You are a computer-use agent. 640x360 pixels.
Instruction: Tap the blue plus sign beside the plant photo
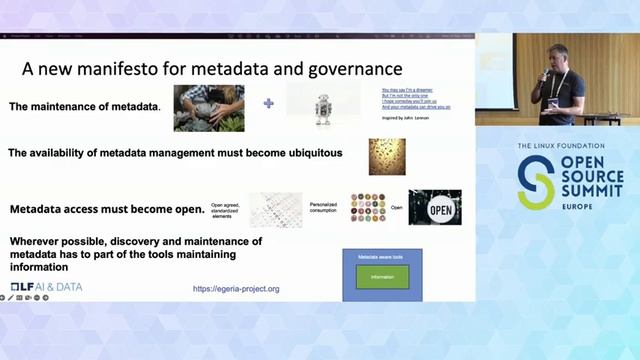point(268,103)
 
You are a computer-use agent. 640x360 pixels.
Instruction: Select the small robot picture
point(323,106)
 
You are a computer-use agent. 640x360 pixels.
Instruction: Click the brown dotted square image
point(386,156)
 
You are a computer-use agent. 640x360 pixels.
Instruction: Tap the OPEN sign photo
point(435,208)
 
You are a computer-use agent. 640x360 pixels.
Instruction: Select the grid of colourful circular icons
point(367,208)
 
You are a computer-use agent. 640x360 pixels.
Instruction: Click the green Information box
point(383,277)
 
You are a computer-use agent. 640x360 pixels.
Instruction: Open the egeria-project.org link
point(236,289)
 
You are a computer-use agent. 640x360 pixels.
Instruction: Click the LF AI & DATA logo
point(47,288)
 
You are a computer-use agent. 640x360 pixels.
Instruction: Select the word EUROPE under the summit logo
point(579,206)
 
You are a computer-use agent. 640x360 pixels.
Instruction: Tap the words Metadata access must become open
point(107,210)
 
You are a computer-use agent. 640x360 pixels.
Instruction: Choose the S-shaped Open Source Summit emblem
point(535,181)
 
